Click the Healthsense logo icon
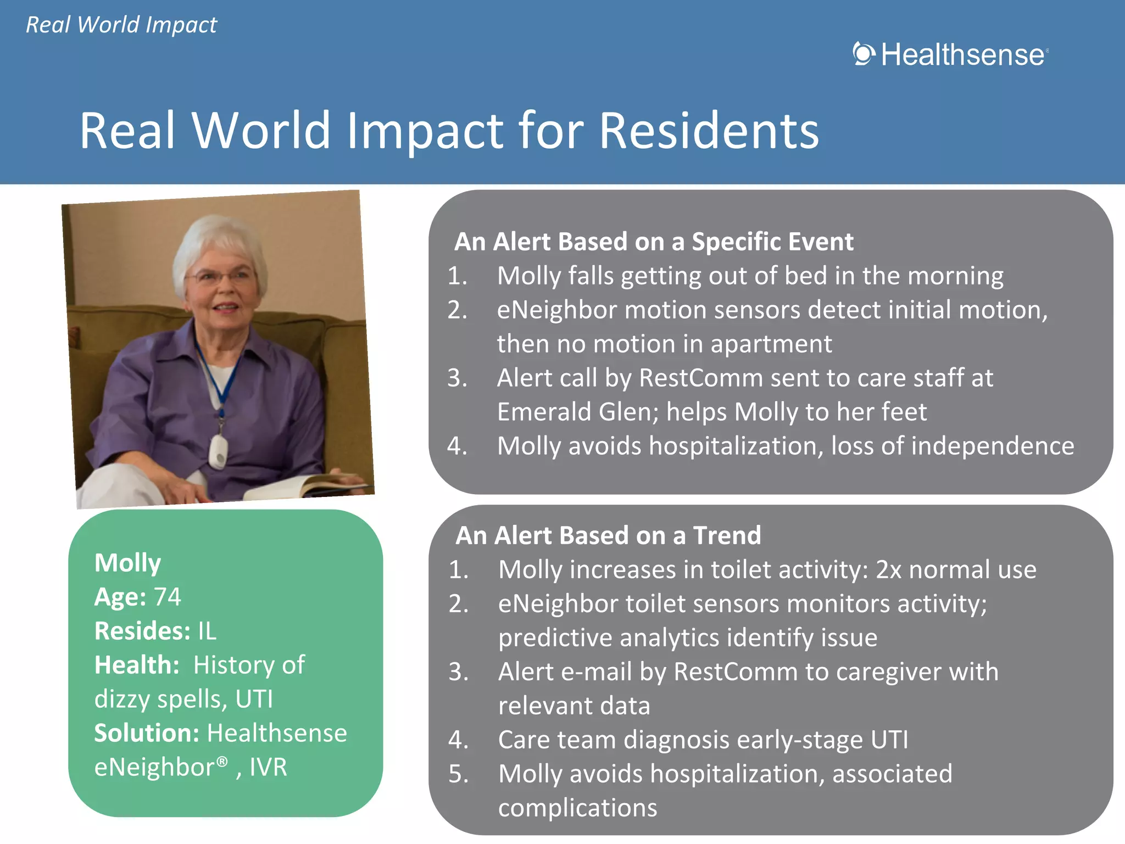[x=864, y=54]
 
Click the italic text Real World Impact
[x=121, y=25]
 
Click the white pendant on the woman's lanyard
[x=218, y=451]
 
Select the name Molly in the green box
[x=127, y=563]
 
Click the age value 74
[x=167, y=597]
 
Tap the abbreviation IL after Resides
[x=207, y=631]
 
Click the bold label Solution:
[x=146, y=733]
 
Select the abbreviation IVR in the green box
[x=268, y=767]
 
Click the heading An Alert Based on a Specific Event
[x=654, y=242]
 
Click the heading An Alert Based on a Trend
[x=608, y=535]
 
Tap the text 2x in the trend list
[x=888, y=569]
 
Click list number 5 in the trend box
[x=458, y=774]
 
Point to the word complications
[x=577, y=808]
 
